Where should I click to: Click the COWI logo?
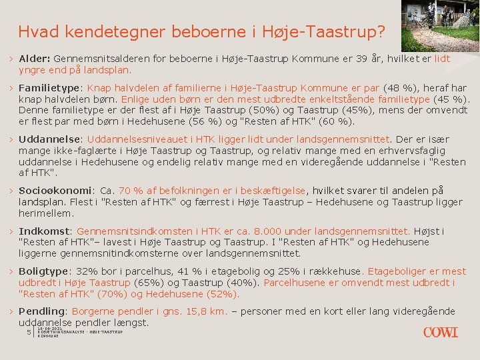pyautogui.click(x=440, y=333)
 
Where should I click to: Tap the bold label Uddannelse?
pyautogui.click(x=49, y=139)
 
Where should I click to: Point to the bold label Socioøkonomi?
pyautogui.click(x=55, y=191)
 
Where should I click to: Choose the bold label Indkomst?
pyautogui.click(x=44, y=231)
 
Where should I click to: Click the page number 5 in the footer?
pyautogui.click(x=29, y=333)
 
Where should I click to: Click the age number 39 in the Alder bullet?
pyautogui.click(x=361, y=59)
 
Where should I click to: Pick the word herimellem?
pyautogui.click(x=47, y=213)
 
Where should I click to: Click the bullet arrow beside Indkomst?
pyautogui.click(x=11, y=231)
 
